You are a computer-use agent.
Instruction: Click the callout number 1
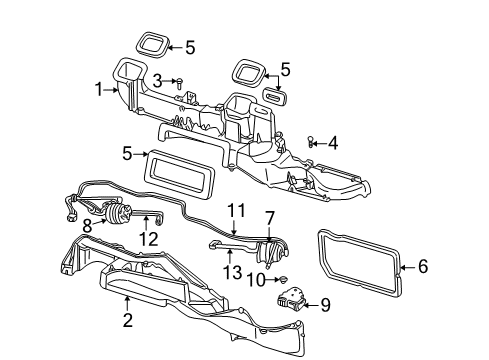(x=99, y=88)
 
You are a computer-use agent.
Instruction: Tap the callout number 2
(x=127, y=320)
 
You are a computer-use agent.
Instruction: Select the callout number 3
(x=158, y=79)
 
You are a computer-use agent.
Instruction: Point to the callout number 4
(x=333, y=142)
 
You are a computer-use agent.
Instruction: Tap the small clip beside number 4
(x=311, y=143)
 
